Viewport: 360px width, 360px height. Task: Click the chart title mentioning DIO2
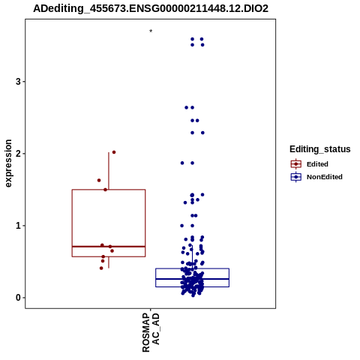[x=151, y=8]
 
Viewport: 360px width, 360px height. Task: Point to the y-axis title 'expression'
[x=8, y=163]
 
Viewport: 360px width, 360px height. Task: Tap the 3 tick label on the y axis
[x=18, y=82]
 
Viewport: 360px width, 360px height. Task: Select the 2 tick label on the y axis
[x=18, y=154]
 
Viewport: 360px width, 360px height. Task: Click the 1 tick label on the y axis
[x=18, y=226]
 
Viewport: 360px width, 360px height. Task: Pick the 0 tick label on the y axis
[x=18, y=298]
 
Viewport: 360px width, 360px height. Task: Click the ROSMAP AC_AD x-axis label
[x=151, y=332]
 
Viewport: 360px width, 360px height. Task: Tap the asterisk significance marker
[x=151, y=31]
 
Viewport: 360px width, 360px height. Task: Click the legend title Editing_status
[x=320, y=149]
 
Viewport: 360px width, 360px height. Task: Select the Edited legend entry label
[x=317, y=164]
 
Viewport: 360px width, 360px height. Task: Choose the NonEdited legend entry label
[x=325, y=177]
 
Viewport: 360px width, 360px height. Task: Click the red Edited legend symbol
[x=296, y=164]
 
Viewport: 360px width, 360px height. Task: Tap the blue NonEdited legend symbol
[x=296, y=177]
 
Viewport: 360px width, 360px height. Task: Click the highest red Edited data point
[x=114, y=152]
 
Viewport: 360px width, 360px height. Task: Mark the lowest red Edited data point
[x=101, y=268]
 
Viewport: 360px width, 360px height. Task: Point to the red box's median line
[x=109, y=247]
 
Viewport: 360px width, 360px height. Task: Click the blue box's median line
[x=193, y=279]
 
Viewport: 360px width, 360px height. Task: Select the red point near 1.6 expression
[x=99, y=180]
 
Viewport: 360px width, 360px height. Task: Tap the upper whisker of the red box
[x=109, y=171]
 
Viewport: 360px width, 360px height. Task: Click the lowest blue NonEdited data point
[x=193, y=295]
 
